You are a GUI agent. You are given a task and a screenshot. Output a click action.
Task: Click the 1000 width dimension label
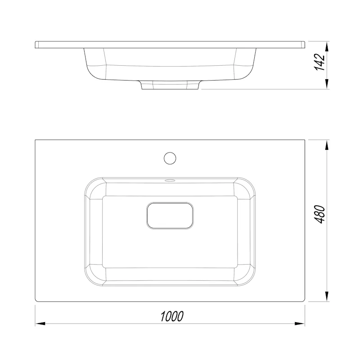[x=172, y=316]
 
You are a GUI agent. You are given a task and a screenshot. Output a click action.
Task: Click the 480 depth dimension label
[x=319, y=214]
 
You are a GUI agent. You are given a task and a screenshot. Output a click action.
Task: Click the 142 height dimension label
[x=319, y=62]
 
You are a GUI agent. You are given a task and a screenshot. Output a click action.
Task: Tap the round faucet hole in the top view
[x=170, y=158]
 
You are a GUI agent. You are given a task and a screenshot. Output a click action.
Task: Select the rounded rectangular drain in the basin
[x=170, y=216]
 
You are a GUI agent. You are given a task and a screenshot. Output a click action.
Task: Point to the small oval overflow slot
[x=170, y=180]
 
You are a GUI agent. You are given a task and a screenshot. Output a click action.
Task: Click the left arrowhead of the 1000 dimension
[x=40, y=324]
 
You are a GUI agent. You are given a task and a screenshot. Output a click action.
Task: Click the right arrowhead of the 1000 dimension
[x=300, y=324]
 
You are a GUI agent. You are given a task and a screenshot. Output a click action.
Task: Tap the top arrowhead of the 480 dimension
[x=328, y=145]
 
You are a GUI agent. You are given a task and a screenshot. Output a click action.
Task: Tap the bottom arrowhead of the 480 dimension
[x=328, y=296]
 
